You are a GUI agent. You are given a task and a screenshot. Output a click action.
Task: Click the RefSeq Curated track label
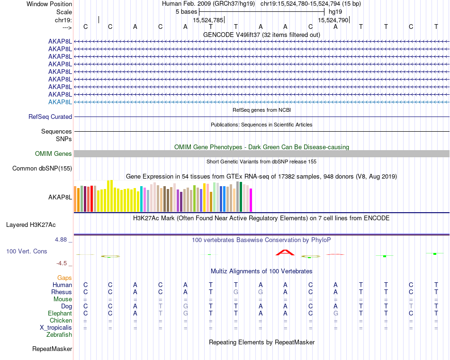click(50, 117)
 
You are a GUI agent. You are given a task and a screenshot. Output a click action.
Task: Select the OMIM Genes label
click(54, 154)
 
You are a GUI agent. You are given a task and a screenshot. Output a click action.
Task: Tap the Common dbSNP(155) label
click(42, 169)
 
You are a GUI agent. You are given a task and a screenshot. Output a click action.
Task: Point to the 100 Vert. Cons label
click(27, 252)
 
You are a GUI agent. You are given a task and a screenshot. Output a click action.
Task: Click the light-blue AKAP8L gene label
click(60, 102)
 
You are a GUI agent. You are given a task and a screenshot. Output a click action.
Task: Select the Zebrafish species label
click(59, 335)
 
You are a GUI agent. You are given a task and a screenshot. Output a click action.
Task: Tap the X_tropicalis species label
click(56, 328)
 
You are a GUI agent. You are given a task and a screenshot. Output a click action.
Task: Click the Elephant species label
click(60, 314)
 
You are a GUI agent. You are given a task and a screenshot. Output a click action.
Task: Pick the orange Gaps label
click(64, 278)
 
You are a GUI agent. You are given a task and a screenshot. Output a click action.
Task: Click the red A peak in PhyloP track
click(285, 252)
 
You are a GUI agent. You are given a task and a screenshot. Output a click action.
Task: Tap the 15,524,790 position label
click(333, 20)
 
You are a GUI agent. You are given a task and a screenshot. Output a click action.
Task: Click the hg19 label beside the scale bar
click(335, 11)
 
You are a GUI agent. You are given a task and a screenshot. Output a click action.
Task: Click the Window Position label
click(49, 4)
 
